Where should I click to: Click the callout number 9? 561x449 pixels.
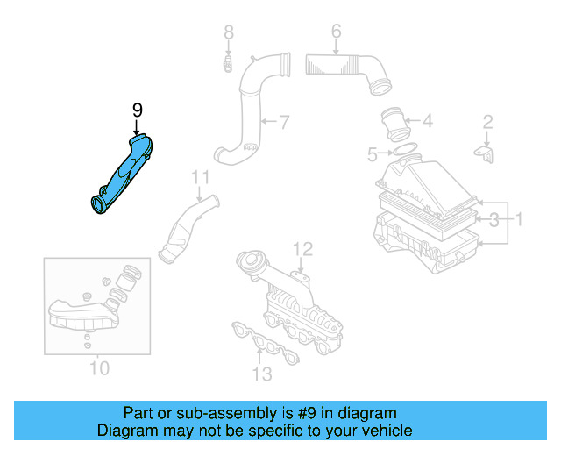click(137, 110)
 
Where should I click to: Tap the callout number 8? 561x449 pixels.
click(228, 32)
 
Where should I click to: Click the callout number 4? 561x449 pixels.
click(427, 121)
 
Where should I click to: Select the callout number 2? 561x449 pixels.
click(488, 121)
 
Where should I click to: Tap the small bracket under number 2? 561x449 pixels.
click(484, 153)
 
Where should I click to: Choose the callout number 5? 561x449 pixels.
click(373, 155)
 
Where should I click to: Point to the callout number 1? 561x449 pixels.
click(518, 217)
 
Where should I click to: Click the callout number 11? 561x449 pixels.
click(201, 177)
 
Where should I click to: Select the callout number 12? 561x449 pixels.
click(302, 248)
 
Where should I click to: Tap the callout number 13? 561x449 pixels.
click(261, 375)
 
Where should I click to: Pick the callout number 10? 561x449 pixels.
click(100, 367)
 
